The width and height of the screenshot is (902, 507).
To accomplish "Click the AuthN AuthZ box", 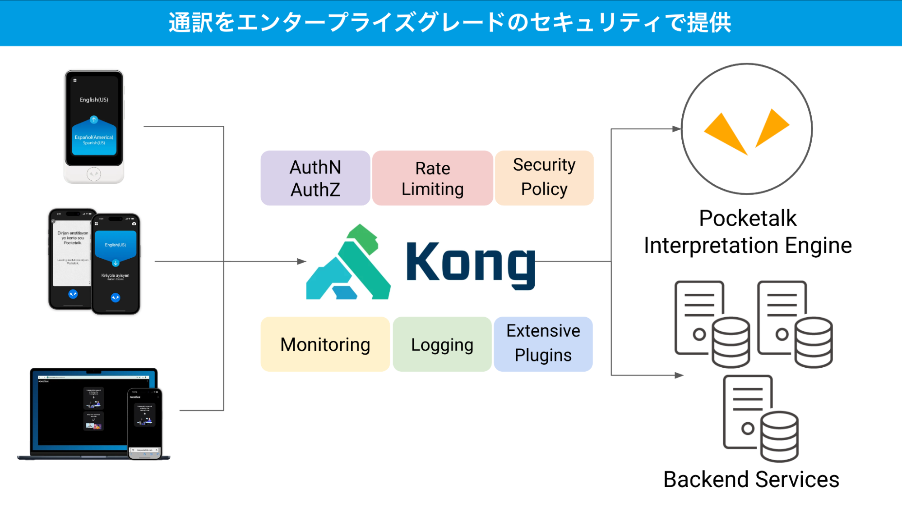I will point(315,178).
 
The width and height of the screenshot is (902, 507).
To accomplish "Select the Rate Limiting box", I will point(432,178).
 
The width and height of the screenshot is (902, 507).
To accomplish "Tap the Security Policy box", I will point(544,178).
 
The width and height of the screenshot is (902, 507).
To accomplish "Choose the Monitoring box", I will point(325,345).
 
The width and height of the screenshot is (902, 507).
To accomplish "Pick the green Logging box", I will point(442,345).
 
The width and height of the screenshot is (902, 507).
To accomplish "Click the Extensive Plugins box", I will point(543,344).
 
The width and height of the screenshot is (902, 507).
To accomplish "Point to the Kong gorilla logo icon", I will point(348,263).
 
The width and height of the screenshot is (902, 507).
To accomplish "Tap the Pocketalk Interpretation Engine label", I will point(748,232).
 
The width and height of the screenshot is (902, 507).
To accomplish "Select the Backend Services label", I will point(751,480).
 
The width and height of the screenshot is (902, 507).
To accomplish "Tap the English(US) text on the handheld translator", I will point(94,100).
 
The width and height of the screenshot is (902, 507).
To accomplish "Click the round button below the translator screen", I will point(94,174).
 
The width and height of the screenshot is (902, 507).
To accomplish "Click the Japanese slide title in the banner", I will point(450,23).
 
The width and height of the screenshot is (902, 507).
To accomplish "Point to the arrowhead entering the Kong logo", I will point(302,261).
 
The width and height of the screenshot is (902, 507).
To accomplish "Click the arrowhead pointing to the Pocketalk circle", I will point(676,129).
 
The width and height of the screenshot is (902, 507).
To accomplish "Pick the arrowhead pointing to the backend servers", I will point(679,375).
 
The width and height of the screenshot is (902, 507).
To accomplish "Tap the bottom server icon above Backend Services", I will point(760,418).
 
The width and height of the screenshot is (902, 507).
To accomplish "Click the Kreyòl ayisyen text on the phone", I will point(115,275).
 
